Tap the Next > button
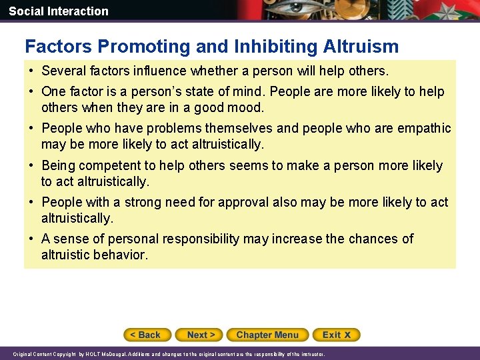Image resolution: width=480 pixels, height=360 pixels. coord(201,335)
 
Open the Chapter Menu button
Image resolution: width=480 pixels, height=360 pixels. coord(267,335)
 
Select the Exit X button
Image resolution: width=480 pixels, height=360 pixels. coord(337,335)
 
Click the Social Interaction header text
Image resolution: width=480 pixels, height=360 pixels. coord(59,11)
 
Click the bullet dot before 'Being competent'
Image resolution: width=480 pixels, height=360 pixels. coord(31,165)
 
